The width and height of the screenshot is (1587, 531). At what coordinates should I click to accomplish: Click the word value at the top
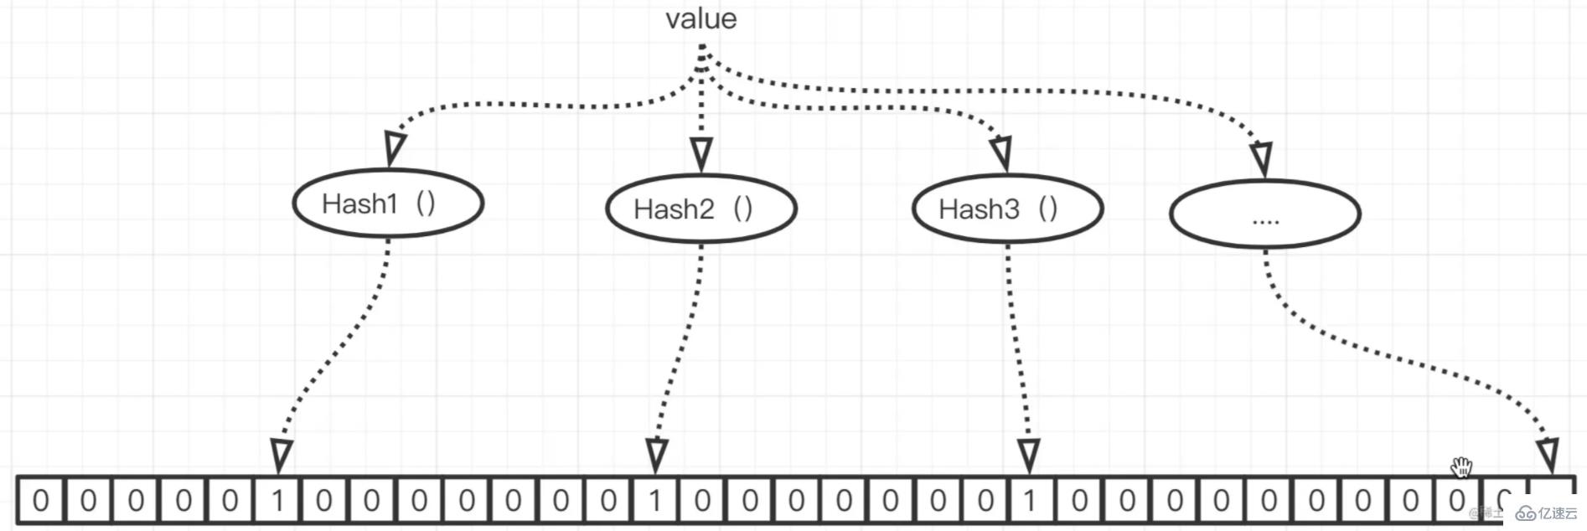click(x=700, y=18)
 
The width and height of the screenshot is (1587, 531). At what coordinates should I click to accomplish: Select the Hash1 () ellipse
click(x=388, y=204)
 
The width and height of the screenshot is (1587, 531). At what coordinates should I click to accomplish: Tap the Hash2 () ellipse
click(x=700, y=209)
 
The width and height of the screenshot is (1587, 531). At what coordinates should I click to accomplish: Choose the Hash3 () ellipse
click(x=1007, y=209)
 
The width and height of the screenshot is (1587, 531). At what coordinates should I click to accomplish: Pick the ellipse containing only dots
click(x=1264, y=214)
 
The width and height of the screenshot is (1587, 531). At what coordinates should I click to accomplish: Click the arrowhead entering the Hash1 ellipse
click(x=395, y=148)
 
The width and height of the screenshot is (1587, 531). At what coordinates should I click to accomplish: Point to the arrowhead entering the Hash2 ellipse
click(x=701, y=154)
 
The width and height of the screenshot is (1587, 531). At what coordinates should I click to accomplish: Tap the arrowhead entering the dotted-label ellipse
click(x=1261, y=158)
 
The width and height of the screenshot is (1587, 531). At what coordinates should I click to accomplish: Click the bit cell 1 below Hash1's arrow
click(x=277, y=501)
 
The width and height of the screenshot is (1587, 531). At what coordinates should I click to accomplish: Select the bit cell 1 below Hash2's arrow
click(x=655, y=501)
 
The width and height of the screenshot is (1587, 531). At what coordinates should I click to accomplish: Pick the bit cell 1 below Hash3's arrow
click(x=1030, y=501)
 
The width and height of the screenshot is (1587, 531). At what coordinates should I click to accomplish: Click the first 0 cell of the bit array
click(x=40, y=501)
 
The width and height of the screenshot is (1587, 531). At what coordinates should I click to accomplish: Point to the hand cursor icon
click(x=1461, y=467)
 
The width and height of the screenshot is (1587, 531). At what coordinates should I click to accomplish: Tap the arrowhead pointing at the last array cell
click(x=1548, y=455)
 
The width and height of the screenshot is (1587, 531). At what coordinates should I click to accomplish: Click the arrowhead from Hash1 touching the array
click(x=282, y=456)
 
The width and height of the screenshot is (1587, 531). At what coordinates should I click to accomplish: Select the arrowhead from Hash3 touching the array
click(x=1029, y=456)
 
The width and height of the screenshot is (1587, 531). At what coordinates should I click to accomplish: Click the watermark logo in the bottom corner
click(x=1547, y=513)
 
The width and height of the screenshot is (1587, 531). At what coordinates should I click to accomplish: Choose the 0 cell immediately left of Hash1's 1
click(x=230, y=501)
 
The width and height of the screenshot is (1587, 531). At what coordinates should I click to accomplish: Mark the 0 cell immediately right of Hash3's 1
click(x=1079, y=501)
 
